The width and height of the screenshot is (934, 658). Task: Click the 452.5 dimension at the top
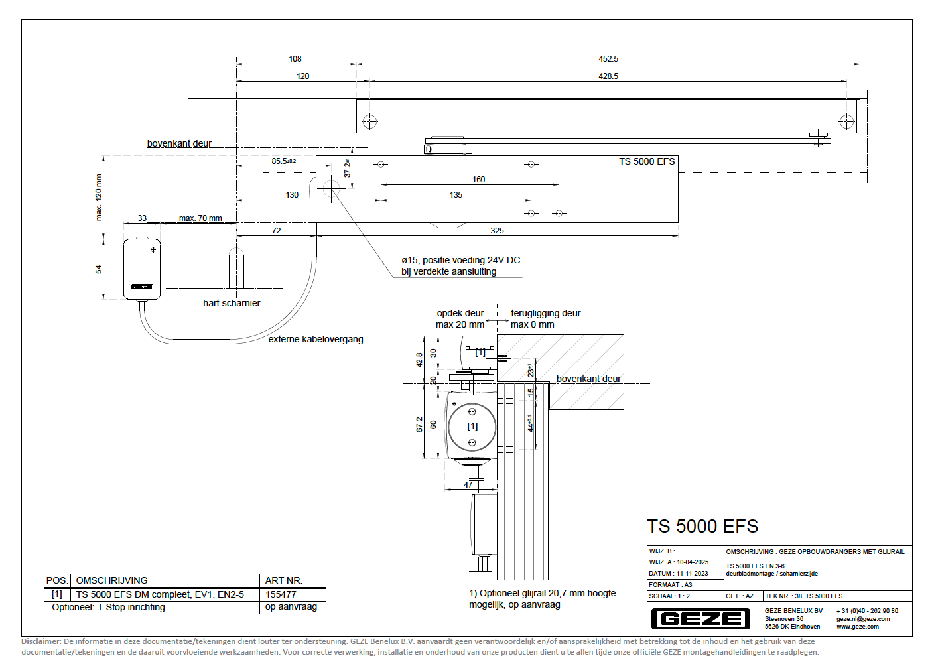[x=608, y=59]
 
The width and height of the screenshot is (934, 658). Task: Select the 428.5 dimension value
[x=608, y=76]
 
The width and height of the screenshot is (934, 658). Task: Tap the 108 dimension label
[x=295, y=59]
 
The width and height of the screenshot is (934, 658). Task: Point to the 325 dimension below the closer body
[x=497, y=231]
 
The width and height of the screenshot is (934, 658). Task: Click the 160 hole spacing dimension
[x=478, y=180]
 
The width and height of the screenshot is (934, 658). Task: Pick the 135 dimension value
[x=456, y=195]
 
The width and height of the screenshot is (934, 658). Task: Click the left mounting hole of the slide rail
[x=369, y=121]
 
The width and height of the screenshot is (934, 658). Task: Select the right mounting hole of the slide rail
[x=846, y=121]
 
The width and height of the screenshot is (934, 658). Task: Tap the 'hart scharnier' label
[x=232, y=303]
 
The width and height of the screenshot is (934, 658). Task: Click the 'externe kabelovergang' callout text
[x=316, y=339]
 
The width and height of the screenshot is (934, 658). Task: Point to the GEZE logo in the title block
[x=700, y=619]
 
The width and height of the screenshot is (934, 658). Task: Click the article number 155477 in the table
[x=281, y=594]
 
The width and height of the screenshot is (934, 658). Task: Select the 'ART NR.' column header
[x=283, y=580]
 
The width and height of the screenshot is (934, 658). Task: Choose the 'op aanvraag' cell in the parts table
[x=291, y=607]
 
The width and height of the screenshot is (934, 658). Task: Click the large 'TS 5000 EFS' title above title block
[x=702, y=527]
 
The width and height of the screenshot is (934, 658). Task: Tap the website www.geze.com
[x=857, y=627]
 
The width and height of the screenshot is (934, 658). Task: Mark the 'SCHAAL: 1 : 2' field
[x=669, y=596]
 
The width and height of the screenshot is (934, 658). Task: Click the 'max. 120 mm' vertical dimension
[x=99, y=197]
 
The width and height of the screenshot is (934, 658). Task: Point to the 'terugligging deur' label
[x=545, y=313]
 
